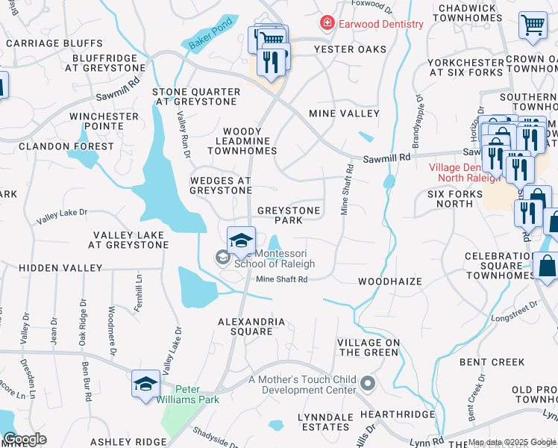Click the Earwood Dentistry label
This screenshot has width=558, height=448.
click(x=380, y=24)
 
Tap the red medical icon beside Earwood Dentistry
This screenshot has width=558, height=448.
click(x=327, y=24)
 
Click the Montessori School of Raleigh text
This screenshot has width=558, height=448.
click(x=274, y=258)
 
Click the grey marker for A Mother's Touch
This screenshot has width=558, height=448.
click(x=367, y=384)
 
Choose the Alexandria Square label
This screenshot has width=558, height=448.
click(x=251, y=326)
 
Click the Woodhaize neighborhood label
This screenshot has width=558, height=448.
click(x=389, y=281)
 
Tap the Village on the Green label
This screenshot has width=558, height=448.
click(x=369, y=347)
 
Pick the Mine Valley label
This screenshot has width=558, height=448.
click(x=345, y=113)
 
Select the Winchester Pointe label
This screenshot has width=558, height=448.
click(x=104, y=122)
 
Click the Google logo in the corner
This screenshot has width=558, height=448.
click(x=24, y=439)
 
